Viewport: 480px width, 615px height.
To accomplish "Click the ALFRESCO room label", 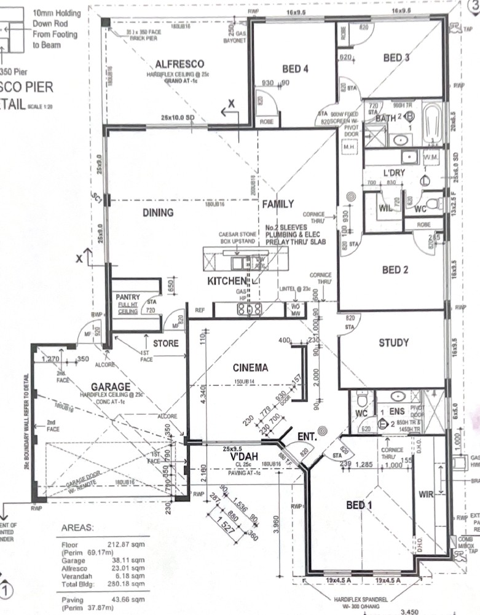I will click(x=179, y=64).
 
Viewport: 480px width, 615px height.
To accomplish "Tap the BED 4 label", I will click(x=295, y=69).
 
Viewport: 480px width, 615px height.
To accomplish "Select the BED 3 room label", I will click(x=396, y=58).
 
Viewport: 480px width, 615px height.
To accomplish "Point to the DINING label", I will click(x=158, y=213).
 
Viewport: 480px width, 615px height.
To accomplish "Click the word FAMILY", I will click(x=278, y=203).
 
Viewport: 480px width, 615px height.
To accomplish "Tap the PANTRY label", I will click(x=128, y=297).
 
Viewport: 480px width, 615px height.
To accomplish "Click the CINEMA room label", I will click(x=250, y=368).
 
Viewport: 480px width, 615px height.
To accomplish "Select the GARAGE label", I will click(x=111, y=386).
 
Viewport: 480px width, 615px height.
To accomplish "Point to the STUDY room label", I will click(x=393, y=343).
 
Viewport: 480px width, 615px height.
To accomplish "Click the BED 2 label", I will click(x=395, y=269).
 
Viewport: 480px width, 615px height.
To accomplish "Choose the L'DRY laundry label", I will click(x=394, y=173).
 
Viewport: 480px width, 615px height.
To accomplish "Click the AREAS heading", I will click(x=78, y=528).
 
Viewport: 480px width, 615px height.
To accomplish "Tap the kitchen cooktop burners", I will click(x=250, y=308).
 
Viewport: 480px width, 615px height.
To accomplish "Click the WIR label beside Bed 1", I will click(x=427, y=493).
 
